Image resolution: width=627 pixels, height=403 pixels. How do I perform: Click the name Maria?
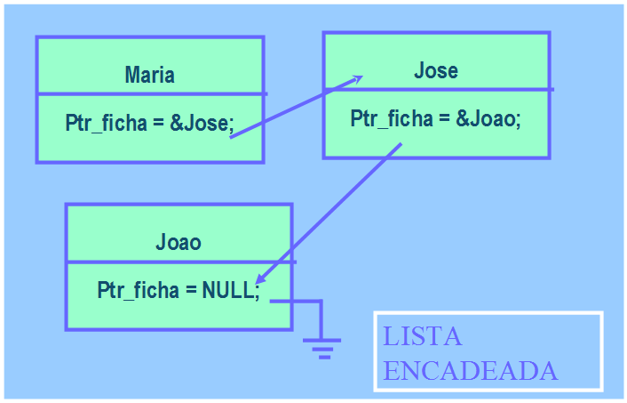pos(149,75)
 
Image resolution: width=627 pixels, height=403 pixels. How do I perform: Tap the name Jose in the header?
pos(436,71)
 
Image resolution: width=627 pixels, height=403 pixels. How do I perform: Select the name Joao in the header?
pos(179,242)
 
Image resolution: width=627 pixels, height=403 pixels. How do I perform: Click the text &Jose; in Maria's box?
pos(202,124)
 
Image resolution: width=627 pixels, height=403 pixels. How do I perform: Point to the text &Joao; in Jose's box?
pos(488,118)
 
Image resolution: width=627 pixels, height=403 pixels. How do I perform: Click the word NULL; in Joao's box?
pos(231,291)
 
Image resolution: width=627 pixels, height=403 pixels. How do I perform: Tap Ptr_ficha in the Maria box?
pos(105,124)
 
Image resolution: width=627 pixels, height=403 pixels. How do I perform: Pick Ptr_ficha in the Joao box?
pos(138,291)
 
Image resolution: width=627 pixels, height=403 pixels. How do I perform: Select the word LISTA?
pos(423,337)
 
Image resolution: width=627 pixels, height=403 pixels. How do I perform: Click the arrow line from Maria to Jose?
pos(293,108)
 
